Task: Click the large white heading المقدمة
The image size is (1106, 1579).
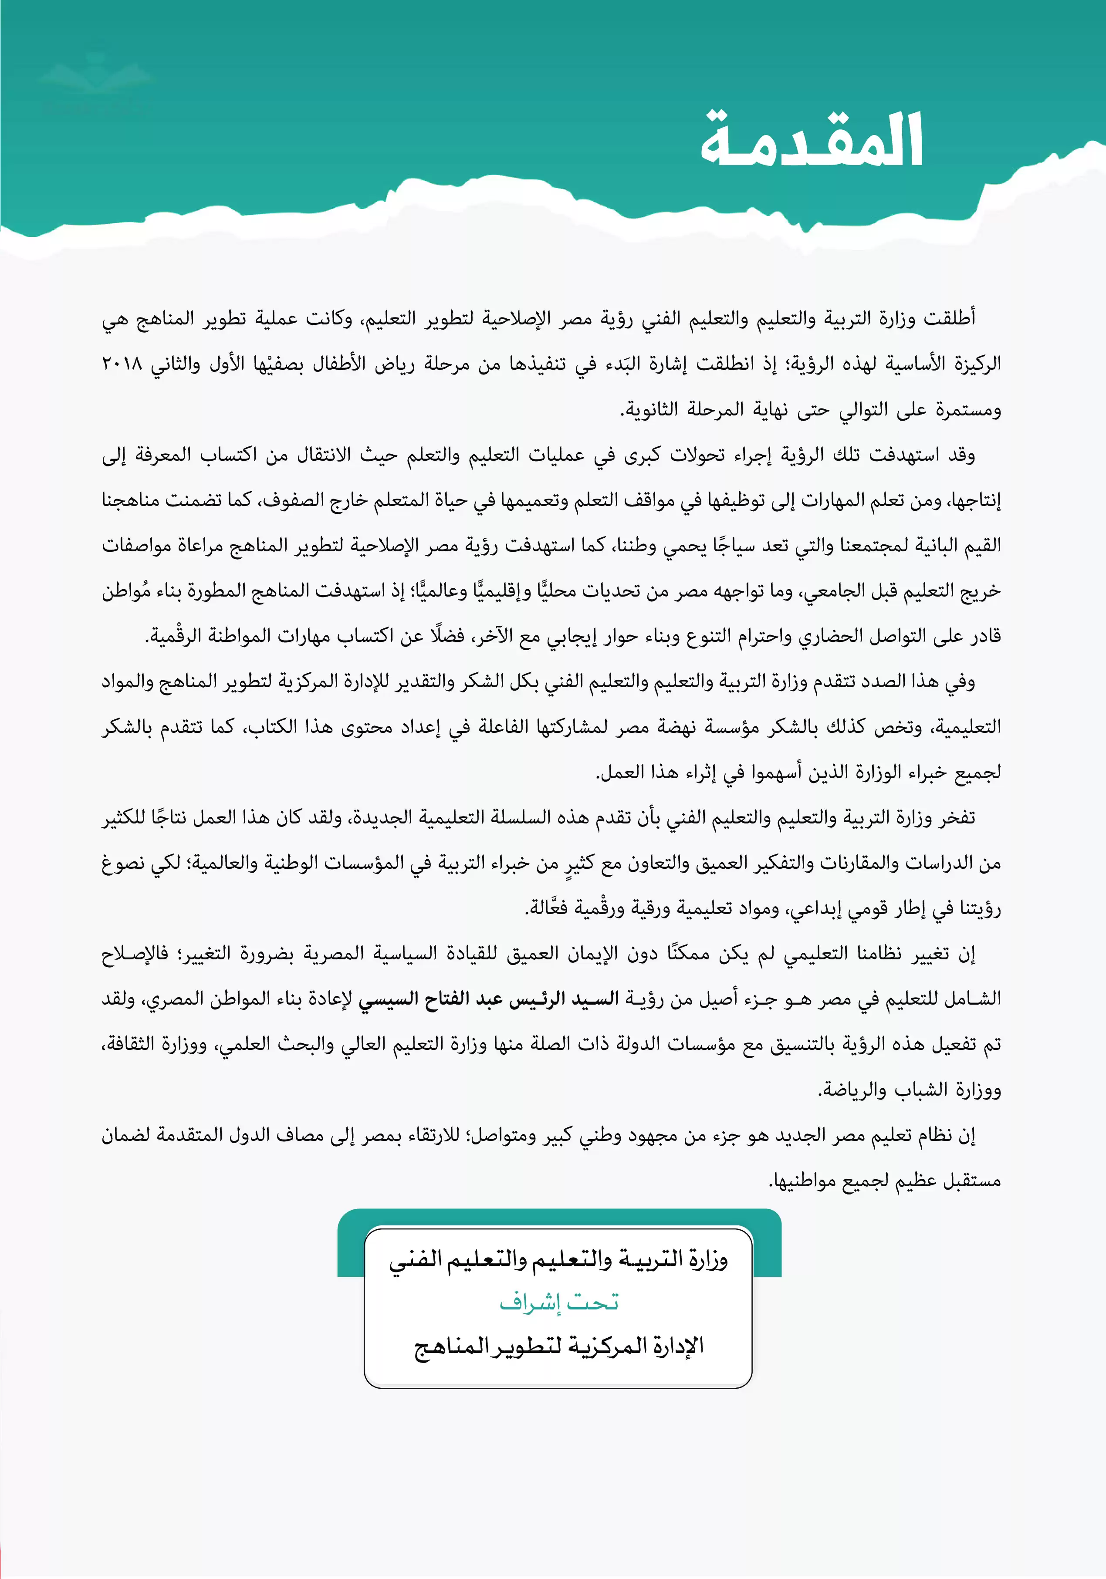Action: [812, 141]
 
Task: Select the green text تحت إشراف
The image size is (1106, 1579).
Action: [558, 1302]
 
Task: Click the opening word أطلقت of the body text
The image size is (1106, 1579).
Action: [949, 318]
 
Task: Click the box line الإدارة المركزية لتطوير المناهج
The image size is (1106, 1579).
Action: [558, 1346]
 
